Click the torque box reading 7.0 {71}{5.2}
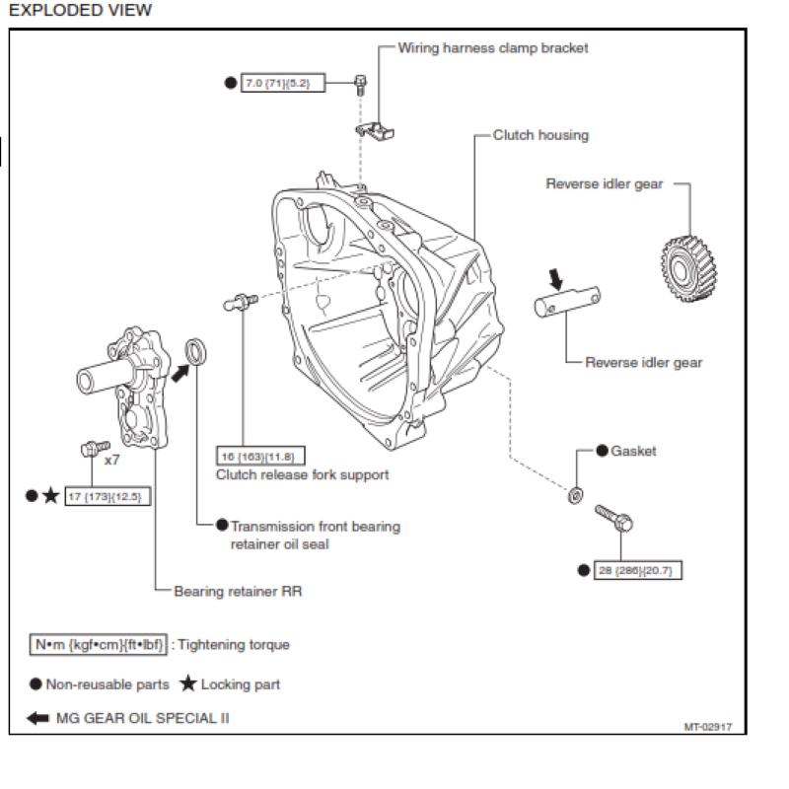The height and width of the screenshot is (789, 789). pos(283,83)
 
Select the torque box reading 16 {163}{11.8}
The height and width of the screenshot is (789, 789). pos(260,457)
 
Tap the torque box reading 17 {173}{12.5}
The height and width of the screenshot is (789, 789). pos(108,497)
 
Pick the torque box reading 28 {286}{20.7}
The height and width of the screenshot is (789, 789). pos(638,570)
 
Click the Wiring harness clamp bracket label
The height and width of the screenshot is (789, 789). pos(493,47)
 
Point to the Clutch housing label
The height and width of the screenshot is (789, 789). pos(540,135)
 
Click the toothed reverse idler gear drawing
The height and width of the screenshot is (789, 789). pos(688,268)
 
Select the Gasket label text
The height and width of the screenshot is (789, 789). pos(633,451)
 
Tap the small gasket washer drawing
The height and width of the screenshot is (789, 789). pos(575,495)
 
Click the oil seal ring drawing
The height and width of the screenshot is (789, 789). pos(195,351)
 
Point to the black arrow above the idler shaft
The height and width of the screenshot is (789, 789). pos(555,279)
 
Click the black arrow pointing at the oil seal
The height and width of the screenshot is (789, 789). pos(180,374)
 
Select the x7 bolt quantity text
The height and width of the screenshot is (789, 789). pos(111,460)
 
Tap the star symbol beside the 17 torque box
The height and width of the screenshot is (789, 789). pos(50,496)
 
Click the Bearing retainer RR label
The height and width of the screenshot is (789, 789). pos(238,591)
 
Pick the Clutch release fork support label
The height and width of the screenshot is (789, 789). pos(303,475)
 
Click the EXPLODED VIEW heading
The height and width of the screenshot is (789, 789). pos(81,10)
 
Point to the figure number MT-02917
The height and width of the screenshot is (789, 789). pos(707,727)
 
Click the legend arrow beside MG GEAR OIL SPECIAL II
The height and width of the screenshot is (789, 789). pos(37,718)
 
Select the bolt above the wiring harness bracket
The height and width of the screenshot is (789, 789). pos(360,85)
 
